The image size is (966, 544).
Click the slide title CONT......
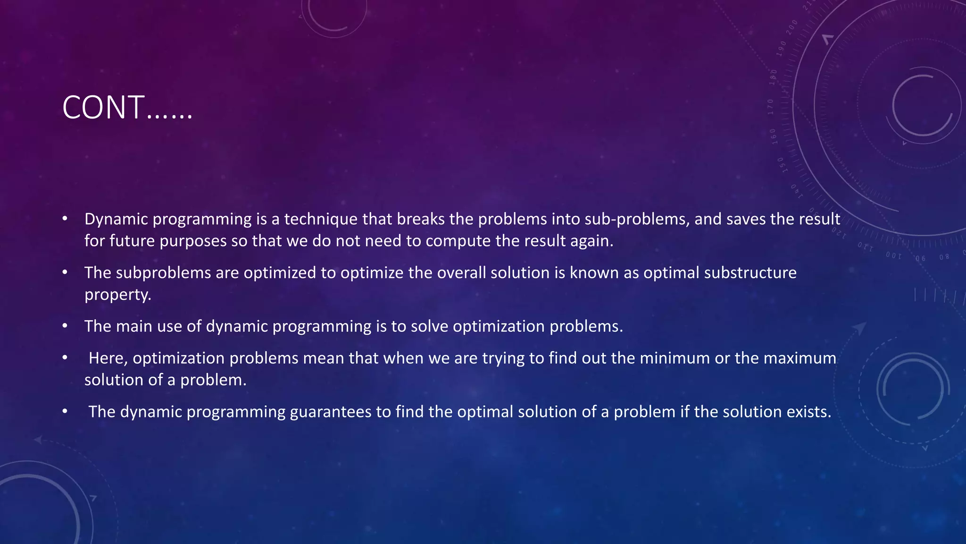(x=127, y=108)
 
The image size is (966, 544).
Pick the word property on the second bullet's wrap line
(x=117, y=295)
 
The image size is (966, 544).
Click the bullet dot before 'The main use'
(x=65, y=326)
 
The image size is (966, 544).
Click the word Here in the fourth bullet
(x=108, y=358)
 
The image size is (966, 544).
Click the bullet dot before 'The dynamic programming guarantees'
(x=65, y=412)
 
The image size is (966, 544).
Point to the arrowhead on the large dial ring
(x=827, y=39)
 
